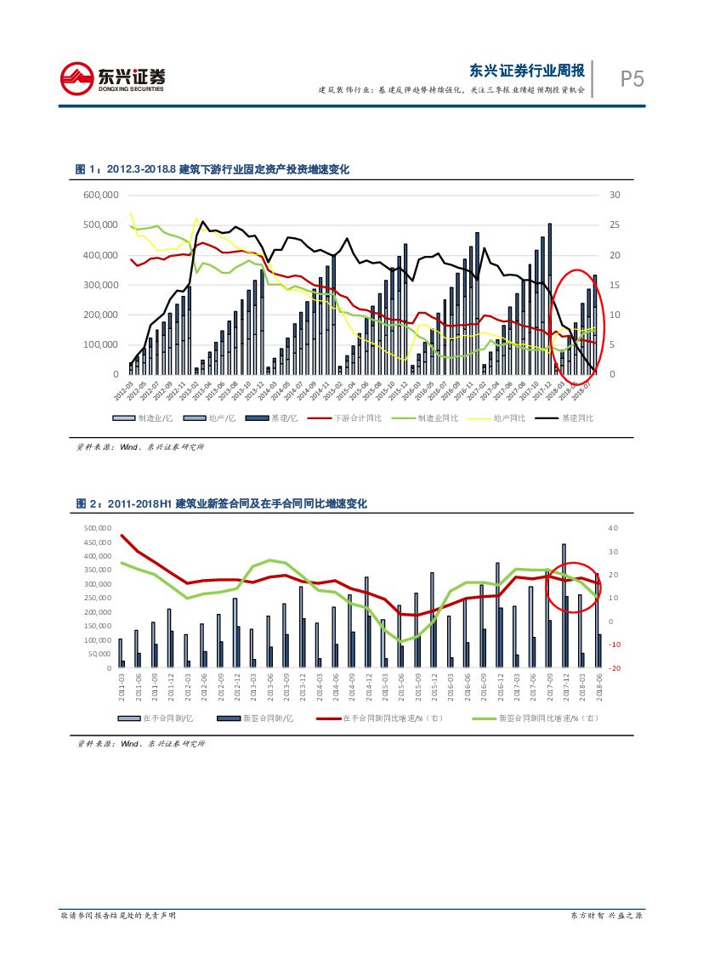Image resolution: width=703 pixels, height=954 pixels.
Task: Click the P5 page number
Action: click(631, 79)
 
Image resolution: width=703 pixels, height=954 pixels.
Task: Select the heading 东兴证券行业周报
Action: click(527, 70)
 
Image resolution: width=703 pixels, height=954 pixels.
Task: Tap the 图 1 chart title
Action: click(213, 170)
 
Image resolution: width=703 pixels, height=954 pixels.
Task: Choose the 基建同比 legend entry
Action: click(578, 418)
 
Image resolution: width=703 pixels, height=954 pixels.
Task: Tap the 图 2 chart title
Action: click(221, 504)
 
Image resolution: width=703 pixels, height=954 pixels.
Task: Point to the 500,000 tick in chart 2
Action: click(99, 528)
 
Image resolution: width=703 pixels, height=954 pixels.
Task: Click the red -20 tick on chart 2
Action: click(615, 668)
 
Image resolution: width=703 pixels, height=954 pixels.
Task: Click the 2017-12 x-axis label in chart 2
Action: click(564, 685)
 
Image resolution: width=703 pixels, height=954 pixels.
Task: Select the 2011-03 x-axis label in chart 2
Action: click(122, 685)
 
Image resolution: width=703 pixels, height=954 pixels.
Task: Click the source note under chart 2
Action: click(140, 744)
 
